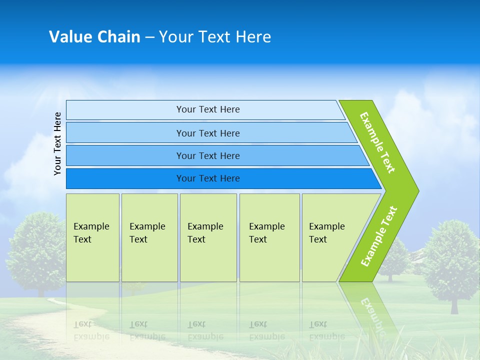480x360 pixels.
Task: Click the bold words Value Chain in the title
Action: (94, 36)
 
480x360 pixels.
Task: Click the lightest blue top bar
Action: (205, 110)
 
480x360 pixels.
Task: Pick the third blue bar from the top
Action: (217, 155)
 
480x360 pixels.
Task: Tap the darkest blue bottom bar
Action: (224, 178)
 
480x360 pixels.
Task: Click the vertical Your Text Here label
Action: (57, 143)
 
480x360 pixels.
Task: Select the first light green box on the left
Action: (93, 237)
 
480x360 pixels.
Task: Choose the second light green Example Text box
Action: (149, 237)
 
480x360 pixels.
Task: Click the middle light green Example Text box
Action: (208, 237)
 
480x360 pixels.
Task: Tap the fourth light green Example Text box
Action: (269, 237)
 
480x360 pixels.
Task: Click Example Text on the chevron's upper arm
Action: (377, 142)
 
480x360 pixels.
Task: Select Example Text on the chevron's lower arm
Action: (379, 236)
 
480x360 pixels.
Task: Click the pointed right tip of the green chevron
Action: (419, 191)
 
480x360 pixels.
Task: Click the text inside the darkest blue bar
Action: (208, 178)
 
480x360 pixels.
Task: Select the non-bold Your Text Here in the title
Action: (215, 36)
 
